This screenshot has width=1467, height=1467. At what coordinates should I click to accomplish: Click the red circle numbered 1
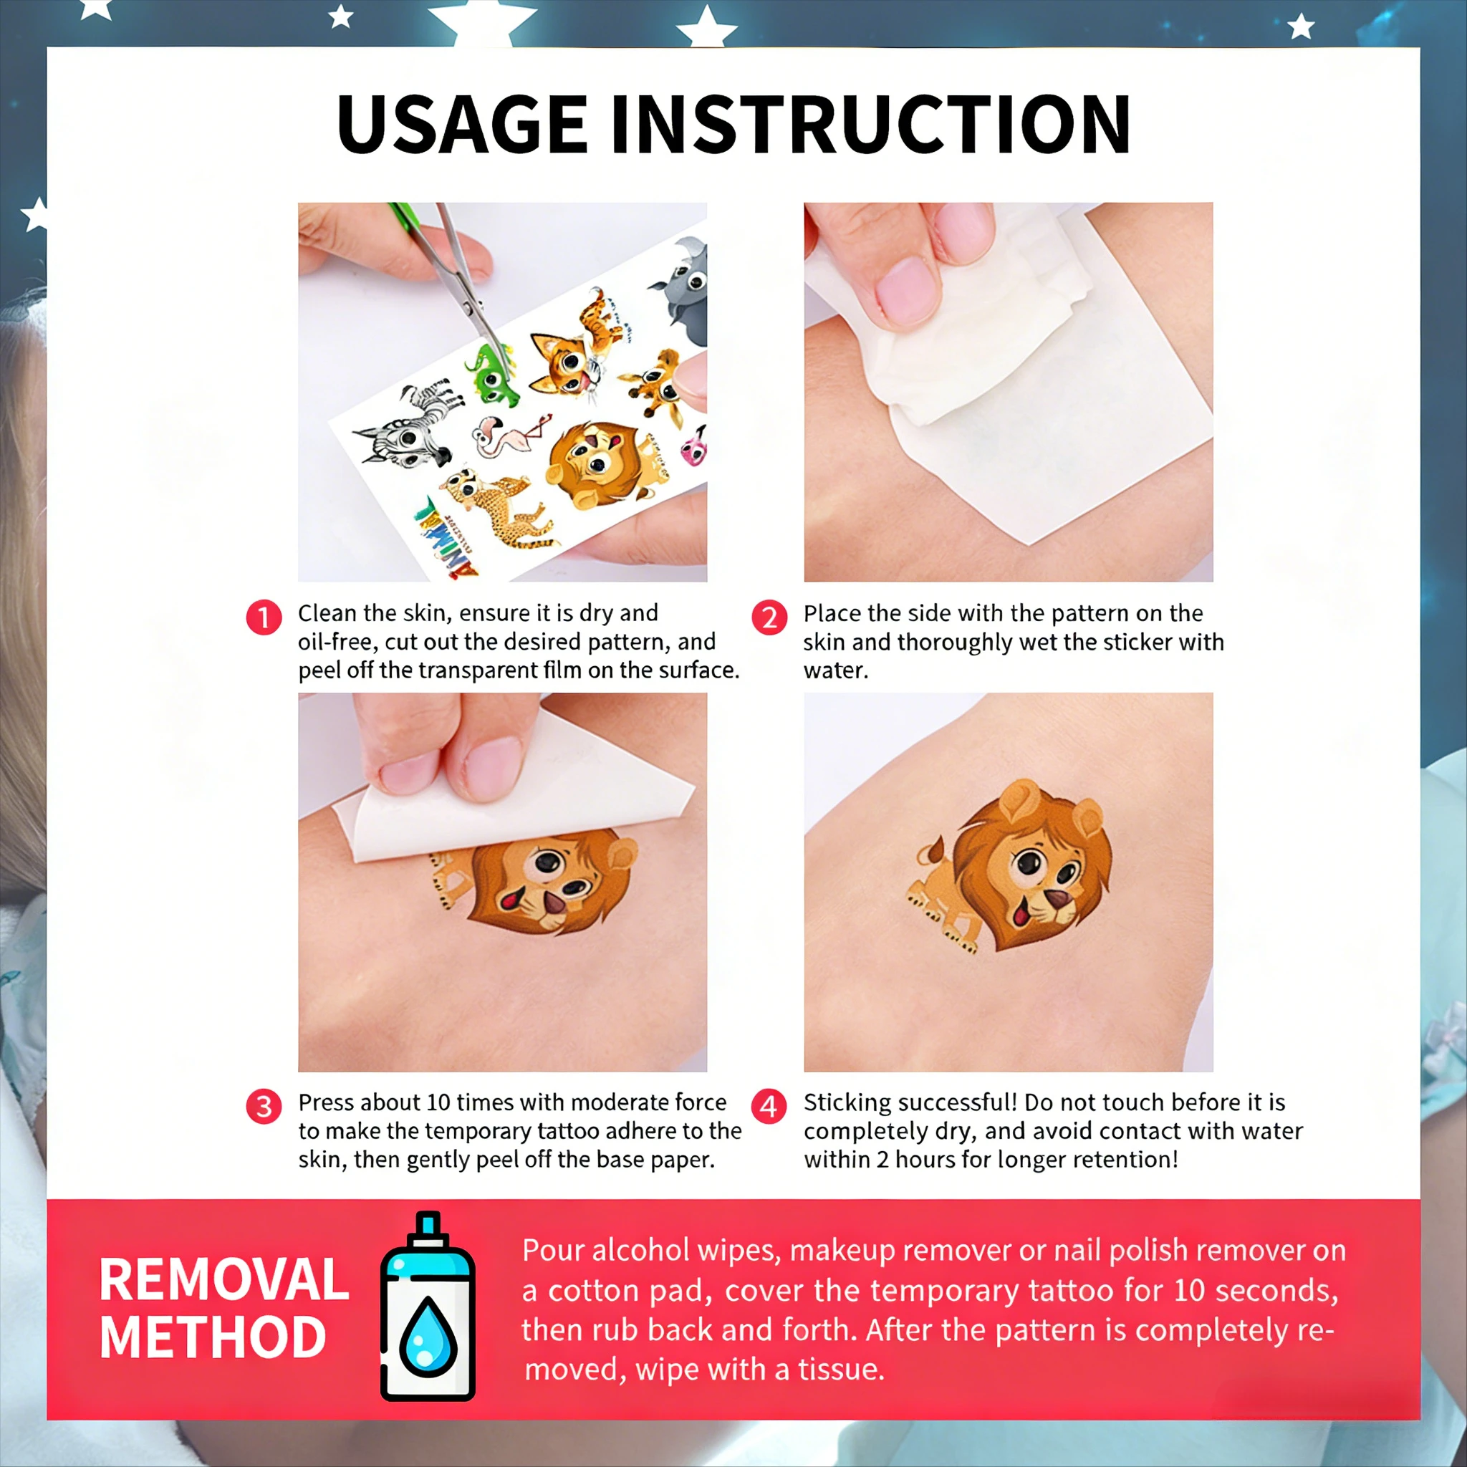[264, 617]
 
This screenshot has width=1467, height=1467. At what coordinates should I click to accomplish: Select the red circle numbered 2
[769, 617]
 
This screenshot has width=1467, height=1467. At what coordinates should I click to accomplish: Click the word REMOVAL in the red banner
[223, 1280]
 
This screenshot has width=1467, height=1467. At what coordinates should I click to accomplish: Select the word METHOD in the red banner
[213, 1337]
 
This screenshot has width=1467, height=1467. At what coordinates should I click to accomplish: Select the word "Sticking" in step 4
[851, 1103]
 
